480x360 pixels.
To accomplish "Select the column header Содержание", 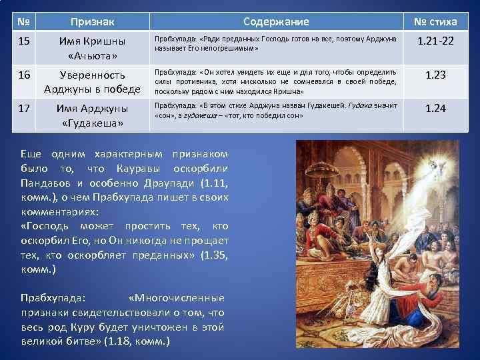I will [x=276, y=22].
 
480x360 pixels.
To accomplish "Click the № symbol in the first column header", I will [x=23, y=22].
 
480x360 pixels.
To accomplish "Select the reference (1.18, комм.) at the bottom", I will [x=137, y=341].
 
